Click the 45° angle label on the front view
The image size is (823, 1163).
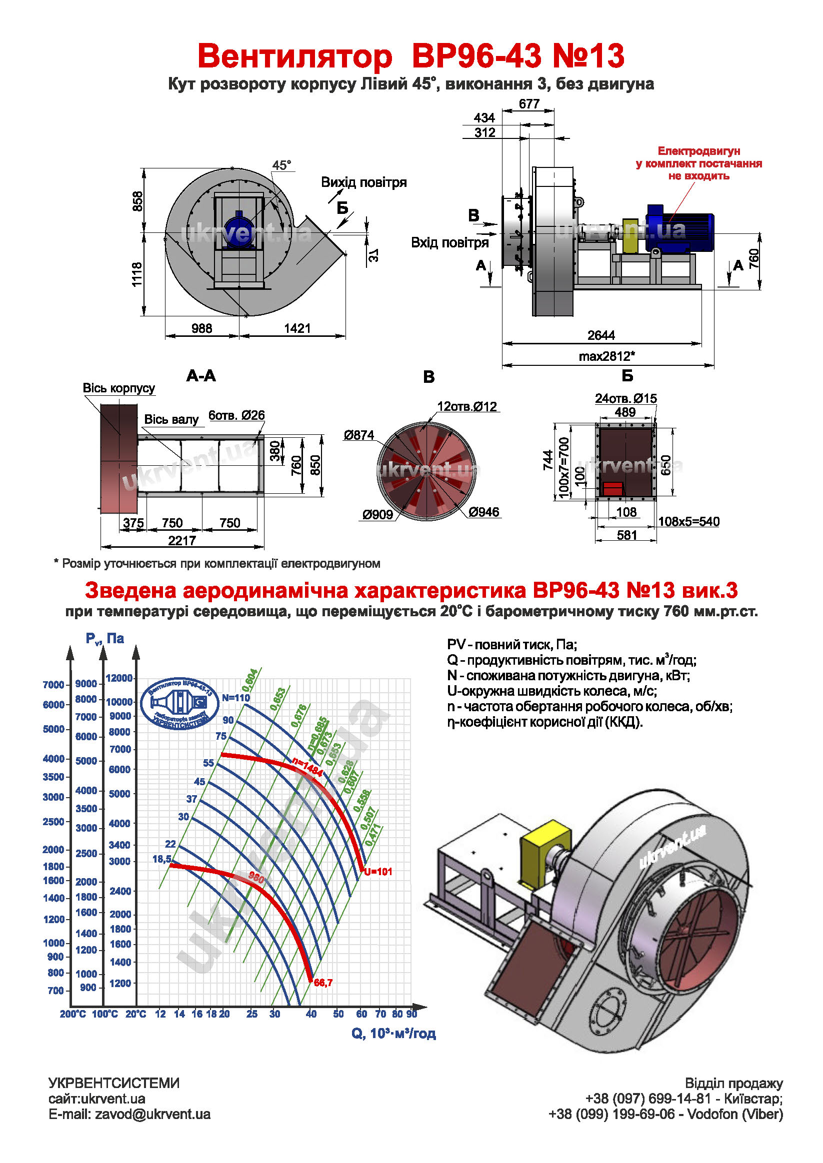click(x=282, y=165)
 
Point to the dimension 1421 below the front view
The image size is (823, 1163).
click(x=297, y=328)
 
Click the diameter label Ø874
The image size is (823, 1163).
click(x=358, y=435)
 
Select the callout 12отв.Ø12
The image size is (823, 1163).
click(x=466, y=406)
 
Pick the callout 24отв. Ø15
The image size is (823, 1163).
click(x=625, y=399)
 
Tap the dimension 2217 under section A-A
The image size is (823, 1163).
click(x=182, y=540)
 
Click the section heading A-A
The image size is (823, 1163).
click(x=201, y=376)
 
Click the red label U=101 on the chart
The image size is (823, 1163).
click(x=378, y=872)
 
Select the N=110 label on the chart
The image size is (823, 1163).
click(x=235, y=698)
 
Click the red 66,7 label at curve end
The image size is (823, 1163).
click(x=323, y=983)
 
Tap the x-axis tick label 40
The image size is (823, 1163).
click(x=311, y=1014)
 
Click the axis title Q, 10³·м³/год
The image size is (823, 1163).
click(x=393, y=1034)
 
